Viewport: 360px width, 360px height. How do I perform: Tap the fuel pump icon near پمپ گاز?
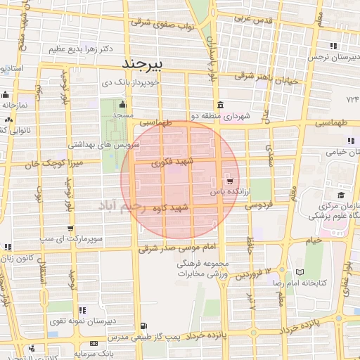pos(144,326)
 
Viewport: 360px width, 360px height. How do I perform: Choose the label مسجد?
pos(123,115)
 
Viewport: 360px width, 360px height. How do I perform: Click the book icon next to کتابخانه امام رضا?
pos(302,271)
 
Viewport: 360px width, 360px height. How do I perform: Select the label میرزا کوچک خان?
pos(32,164)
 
